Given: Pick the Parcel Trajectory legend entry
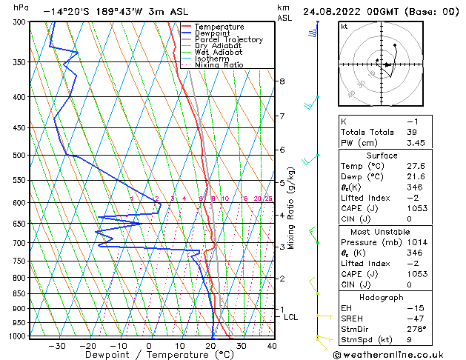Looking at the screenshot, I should (x=228, y=40).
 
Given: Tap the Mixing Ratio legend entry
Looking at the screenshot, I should (x=219, y=65).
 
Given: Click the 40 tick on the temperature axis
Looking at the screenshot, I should (x=271, y=345).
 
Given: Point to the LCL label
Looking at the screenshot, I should (x=291, y=317).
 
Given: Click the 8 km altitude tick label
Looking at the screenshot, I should (x=282, y=81).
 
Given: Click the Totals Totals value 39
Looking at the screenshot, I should (x=412, y=132).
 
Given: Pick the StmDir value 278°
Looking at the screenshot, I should (x=417, y=329).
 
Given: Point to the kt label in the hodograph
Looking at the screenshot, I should (x=344, y=26).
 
